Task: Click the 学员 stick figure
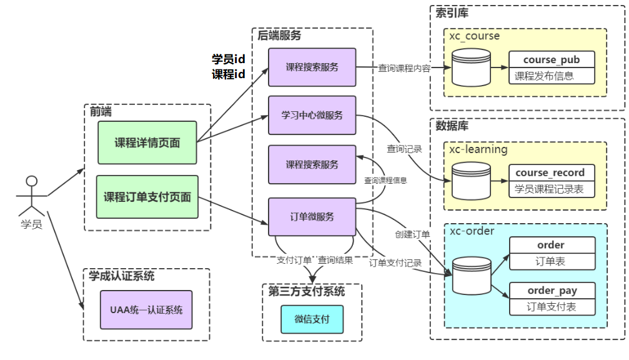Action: tap(31, 196)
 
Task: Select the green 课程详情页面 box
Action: tap(147, 142)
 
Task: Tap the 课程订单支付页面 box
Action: tap(147, 197)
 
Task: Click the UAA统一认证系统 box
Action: tap(146, 310)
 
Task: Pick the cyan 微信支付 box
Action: tap(312, 319)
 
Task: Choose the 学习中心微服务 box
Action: tap(312, 115)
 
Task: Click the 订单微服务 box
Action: tap(312, 217)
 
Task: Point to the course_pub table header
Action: tap(552, 59)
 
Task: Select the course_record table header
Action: tap(552, 172)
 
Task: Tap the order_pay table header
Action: tap(552, 290)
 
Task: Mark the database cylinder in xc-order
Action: tap(472, 276)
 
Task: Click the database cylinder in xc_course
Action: tap(471, 68)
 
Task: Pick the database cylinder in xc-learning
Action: tap(471, 181)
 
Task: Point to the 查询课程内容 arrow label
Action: tap(404, 68)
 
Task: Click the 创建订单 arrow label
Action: tap(412, 234)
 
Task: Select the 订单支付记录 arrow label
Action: tap(395, 263)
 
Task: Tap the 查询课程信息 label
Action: tap(385, 181)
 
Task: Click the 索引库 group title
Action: tap(452, 13)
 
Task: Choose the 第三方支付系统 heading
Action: tap(307, 291)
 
